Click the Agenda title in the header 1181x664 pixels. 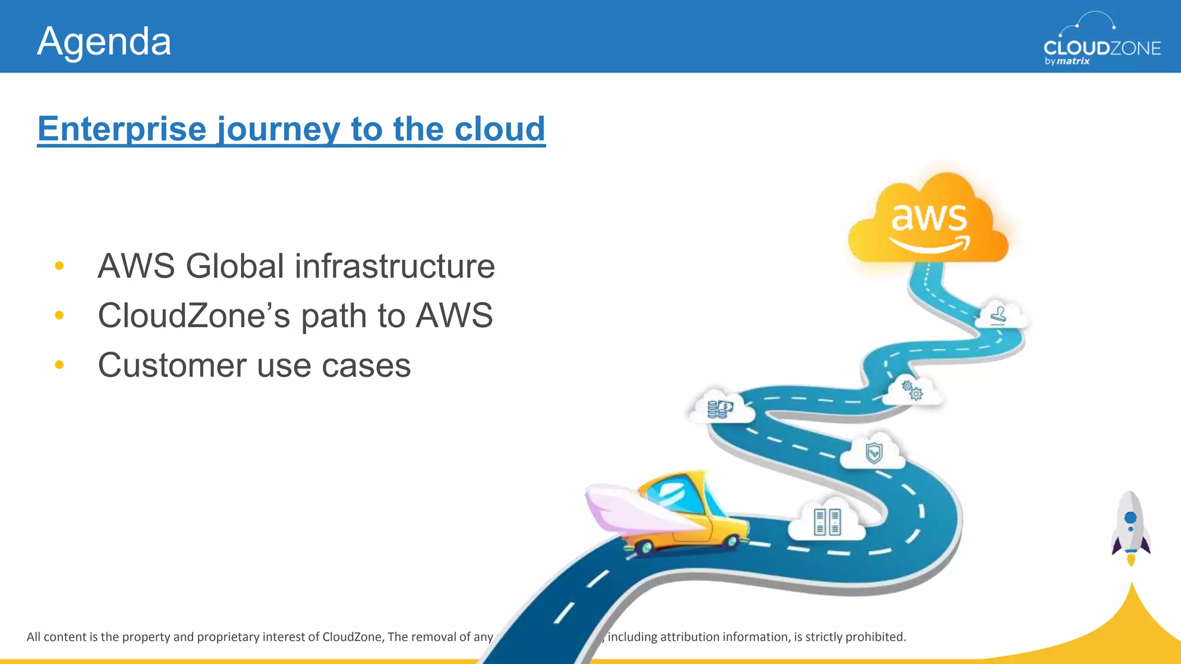[x=104, y=41]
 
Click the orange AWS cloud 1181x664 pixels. [x=928, y=222]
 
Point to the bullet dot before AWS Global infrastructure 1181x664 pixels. [x=59, y=266]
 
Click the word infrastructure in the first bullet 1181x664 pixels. [x=395, y=266]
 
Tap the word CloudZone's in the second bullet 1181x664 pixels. [x=193, y=316]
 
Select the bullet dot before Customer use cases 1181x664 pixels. [x=59, y=365]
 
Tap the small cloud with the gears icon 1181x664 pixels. [x=913, y=391]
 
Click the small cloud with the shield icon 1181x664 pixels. [x=874, y=453]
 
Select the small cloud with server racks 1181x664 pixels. [x=828, y=521]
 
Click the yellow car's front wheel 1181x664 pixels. [x=732, y=541]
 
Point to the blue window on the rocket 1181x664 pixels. [x=1131, y=517]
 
